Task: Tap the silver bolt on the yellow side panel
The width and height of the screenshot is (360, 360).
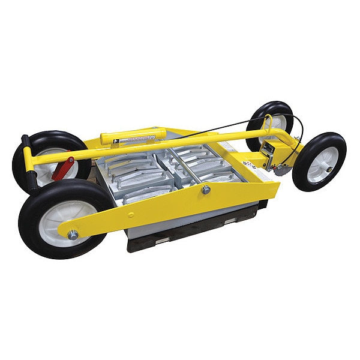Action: (x=206, y=190)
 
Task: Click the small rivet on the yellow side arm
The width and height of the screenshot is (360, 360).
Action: (x=130, y=212)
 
